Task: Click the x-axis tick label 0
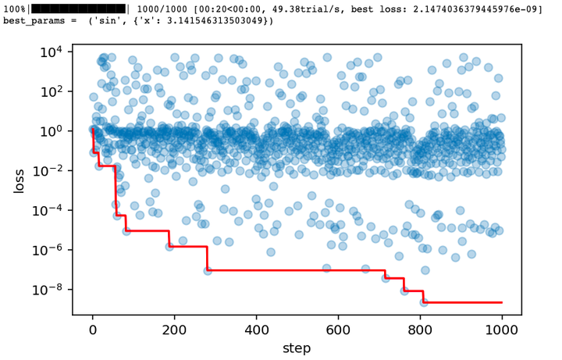pyautogui.click(x=93, y=330)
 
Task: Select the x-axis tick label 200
pyautogui.click(x=175, y=330)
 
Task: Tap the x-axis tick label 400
pyautogui.click(x=256, y=330)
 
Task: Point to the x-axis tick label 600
pyautogui.click(x=338, y=330)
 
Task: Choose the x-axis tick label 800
pyautogui.click(x=420, y=330)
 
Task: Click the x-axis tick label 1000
pyautogui.click(x=501, y=330)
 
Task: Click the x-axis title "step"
pyautogui.click(x=297, y=347)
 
